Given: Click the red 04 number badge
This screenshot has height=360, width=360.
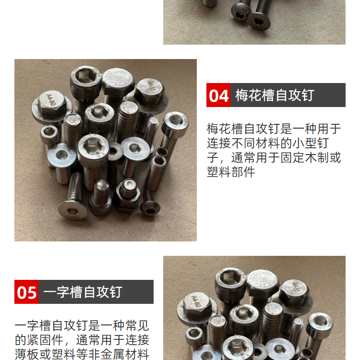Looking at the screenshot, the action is tap(218, 95).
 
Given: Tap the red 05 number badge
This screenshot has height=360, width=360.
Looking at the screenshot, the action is tap(26, 292).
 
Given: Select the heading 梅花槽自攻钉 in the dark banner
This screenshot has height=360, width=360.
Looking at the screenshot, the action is tap(275, 96).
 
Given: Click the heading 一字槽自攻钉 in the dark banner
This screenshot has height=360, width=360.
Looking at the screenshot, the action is tap(83, 292).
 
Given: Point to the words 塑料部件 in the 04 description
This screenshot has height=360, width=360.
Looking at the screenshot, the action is tap(231, 171).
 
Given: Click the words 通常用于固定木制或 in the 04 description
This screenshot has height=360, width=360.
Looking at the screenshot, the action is tap(286, 157).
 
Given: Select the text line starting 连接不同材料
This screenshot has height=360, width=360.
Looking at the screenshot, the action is tap(268, 143).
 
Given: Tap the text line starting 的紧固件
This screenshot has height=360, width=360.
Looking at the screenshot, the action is tap(82, 340).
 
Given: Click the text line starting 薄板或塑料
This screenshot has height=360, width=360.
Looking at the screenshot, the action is tap(82, 354).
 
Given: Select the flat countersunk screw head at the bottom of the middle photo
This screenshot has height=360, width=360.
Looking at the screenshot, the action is tap(73, 210).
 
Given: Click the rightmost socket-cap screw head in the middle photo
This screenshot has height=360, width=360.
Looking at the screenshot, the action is tap(175, 123).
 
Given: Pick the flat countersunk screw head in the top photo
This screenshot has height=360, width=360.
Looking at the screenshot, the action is tap(259, 21).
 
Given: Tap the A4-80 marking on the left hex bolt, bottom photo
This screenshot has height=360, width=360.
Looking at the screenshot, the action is tap(197, 301).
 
